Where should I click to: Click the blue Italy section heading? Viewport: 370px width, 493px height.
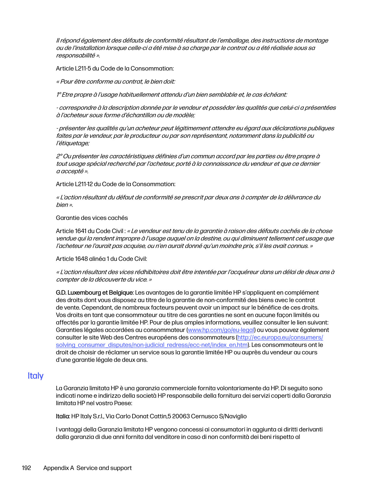pos(36,376)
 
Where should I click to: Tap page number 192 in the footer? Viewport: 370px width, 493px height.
pos(26,468)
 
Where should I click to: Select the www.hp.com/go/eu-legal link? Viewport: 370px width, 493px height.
pos(221,330)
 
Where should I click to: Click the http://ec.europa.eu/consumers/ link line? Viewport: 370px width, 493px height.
pos(280,337)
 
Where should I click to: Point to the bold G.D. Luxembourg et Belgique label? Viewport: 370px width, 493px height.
pos(94,293)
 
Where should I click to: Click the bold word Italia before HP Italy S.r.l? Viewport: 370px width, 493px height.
pos(63,416)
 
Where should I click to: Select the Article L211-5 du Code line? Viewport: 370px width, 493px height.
pos(115,68)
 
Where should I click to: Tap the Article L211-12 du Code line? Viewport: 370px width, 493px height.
pos(115,184)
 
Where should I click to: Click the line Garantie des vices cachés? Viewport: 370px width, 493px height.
pos(92,218)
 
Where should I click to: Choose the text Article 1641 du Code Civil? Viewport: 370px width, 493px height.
pos(90,231)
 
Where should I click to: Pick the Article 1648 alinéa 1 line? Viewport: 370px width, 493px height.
pos(101,259)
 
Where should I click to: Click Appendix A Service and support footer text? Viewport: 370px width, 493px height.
pos(87,468)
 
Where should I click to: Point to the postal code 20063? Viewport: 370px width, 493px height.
pos(181,416)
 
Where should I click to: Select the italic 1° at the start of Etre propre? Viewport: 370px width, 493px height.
pos(58,95)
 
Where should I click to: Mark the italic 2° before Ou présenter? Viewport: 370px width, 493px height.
pos(59,156)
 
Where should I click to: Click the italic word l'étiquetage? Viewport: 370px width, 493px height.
pos(73,143)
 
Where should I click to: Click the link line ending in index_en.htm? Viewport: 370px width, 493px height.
pos(152,345)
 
